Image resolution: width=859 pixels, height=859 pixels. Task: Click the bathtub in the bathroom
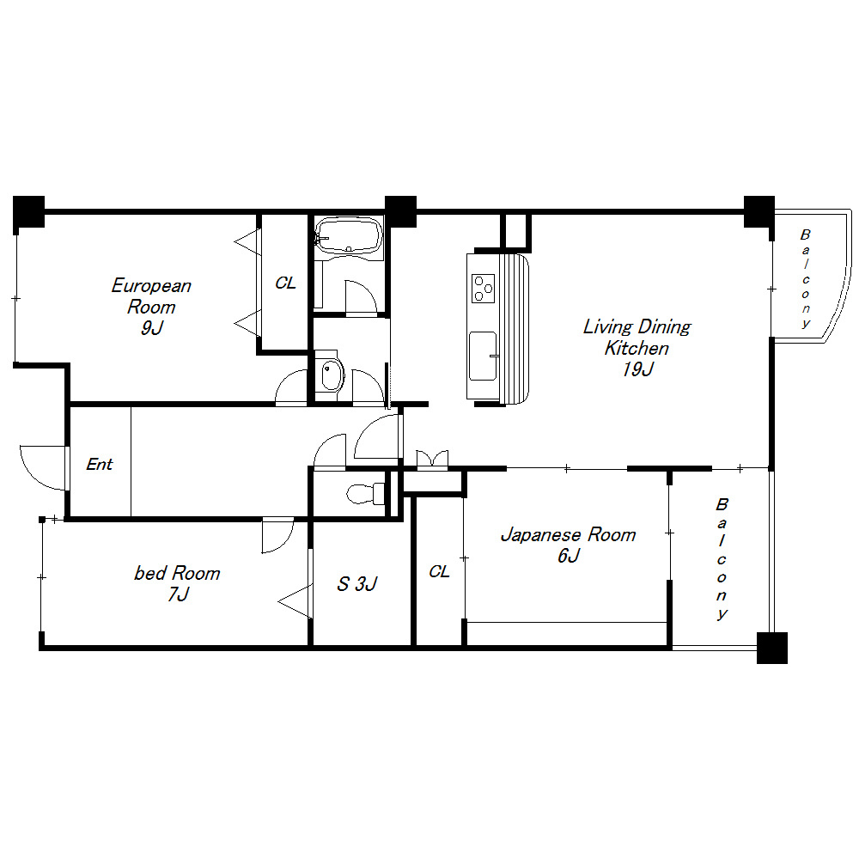coord(349,235)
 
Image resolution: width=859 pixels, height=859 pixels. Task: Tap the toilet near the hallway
coord(365,494)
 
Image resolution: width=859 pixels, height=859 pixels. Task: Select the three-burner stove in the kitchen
coord(483,288)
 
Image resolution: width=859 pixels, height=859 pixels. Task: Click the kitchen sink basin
coord(483,356)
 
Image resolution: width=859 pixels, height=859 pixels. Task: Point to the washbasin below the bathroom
coord(332,375)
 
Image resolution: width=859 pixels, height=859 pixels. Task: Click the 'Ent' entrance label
coord(100,465)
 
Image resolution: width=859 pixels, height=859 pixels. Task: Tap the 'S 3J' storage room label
coord(357,584)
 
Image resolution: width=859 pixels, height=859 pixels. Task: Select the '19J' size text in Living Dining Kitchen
coord(637,369)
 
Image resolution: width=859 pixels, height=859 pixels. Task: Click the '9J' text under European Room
coord(152,327)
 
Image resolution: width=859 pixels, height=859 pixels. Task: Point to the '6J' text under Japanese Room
coord(569,556)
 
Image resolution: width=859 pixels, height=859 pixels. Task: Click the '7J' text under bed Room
coord(179,594)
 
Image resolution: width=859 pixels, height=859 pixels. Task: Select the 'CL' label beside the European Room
coord(285,283)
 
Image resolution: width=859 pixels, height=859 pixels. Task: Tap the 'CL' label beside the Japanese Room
coord(439,571)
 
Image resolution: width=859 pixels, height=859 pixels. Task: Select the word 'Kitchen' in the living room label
coord(637,348)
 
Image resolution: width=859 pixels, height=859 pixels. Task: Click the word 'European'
coord(151,285)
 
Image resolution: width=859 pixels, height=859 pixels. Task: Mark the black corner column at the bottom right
coord(772,648)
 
